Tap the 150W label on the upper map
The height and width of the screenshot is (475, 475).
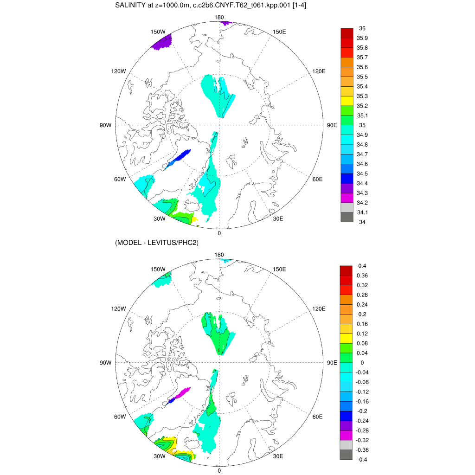click(x=158, y=32)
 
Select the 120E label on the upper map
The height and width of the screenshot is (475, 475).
click(x=319, y=71)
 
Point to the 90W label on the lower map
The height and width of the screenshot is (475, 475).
click(x=105, y=363)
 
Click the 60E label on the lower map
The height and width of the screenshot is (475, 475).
click(x=318, y=417)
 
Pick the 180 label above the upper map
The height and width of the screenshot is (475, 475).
click(x=219, y=17)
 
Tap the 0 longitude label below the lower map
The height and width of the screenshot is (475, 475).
click(x=219, y=470)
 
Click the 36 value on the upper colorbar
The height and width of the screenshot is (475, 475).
click(x=362, y=28)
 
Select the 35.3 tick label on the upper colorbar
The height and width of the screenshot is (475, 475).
click(x=363, y=96)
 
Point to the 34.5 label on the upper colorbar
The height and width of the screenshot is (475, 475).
click(x=363, y=174)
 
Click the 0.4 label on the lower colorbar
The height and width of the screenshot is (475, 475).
click(x=362, y=266)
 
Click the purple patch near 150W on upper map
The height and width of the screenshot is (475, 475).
click(x=162, y=42)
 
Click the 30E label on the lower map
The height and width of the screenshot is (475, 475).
click(x=278, y=456)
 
